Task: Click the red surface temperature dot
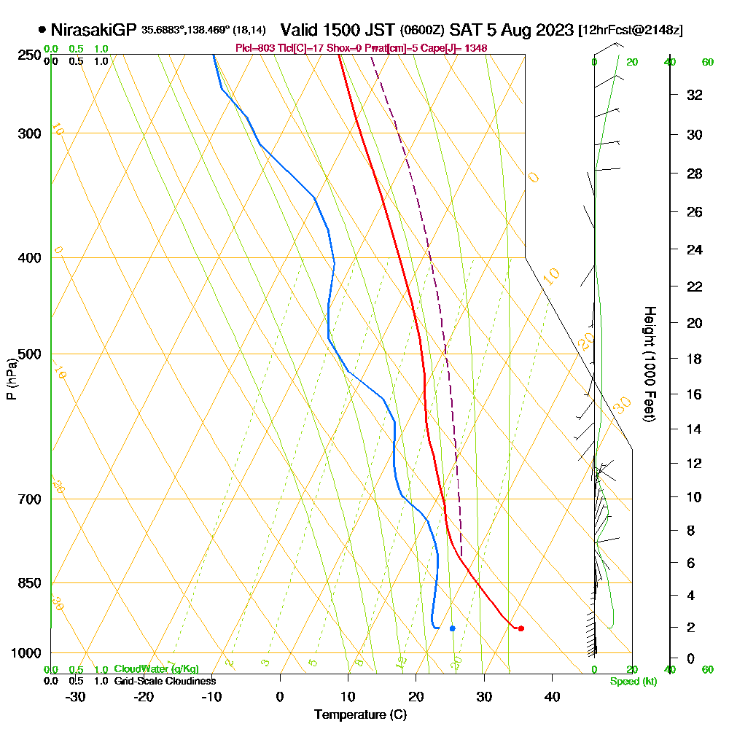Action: pyautogui.click(x=521, y=628)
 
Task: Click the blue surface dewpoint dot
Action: pyautogui.click(x=453, y=628)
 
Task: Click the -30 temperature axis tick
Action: pyautogui.click(x=76, y=696)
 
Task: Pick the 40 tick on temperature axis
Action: pyautogui.click(x=553, y=696)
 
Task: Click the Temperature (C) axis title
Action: pyautogui.click(x=360, y=715)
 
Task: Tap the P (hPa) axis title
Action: pyautogui.click(x=11, y=378)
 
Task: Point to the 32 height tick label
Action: pyautogui.click(x=694, y=94)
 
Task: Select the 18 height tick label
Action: pyautogui.click(x=694, y=359)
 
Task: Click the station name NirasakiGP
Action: pyautogui.click(x=93, y=30)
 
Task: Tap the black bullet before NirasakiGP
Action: pyautogui.click(x=42, y=30)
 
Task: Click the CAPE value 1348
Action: pyautogui.click(x=475, y=48)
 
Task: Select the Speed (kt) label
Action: pyautogui.click(x=633, y=682)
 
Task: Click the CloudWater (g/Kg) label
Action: pyautogui.click(x=155, y=669)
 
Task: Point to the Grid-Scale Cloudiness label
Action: pyautogui.click(x=164, y=681)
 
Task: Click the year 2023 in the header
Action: pyautogui.click(x=553, y=30)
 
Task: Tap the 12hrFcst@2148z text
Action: pyautogui.click(x=630, y=31)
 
